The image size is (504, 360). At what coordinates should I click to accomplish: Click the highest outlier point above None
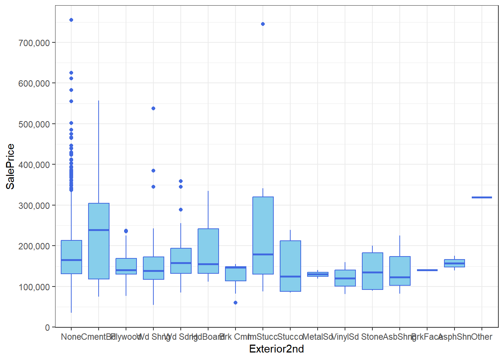coord(71,20)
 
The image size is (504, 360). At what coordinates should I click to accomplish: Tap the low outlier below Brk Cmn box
coord(235,303)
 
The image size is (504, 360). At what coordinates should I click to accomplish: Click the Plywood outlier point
coord(126,231)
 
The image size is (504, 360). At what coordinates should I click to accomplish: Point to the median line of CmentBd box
coord(99,230)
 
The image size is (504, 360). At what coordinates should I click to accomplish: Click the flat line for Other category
coord(482,197)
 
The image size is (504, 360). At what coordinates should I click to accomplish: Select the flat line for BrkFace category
coord(427,270)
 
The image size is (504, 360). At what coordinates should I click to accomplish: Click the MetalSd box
coord(318,274)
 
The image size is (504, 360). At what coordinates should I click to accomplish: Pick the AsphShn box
coord(454,263)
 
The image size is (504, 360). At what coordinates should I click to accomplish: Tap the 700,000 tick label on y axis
coord(34,43)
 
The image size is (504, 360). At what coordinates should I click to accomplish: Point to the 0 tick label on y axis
coord(47,328)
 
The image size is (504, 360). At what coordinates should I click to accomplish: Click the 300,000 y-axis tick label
coord(34,206)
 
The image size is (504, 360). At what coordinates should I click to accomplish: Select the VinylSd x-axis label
coord(345,337)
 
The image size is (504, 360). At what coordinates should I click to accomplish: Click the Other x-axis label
coord(482,337)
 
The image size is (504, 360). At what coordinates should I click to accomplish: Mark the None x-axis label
coord(71,337)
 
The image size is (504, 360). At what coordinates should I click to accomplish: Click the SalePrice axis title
coord(10,166)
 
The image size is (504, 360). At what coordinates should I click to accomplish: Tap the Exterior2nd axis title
coord(276,349)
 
